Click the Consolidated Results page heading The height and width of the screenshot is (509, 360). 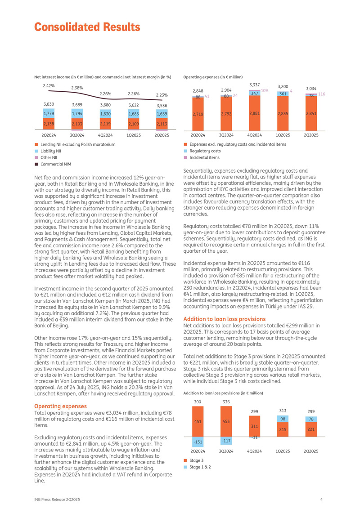tap(87, 27)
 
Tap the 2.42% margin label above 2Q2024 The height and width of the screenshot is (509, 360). tap(49, 85)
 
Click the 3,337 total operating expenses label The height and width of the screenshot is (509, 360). tap(255, 84)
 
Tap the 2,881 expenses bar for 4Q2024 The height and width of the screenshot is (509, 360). tap(255, 113)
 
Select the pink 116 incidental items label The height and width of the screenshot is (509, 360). tap(321, 94)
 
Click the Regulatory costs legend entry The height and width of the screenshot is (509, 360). tap(205, 151)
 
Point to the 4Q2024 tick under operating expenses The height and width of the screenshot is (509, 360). tap(255, 135)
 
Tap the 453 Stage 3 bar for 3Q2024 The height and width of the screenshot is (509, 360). tap(226, 421)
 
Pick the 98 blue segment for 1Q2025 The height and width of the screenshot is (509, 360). tap(283, 419)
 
